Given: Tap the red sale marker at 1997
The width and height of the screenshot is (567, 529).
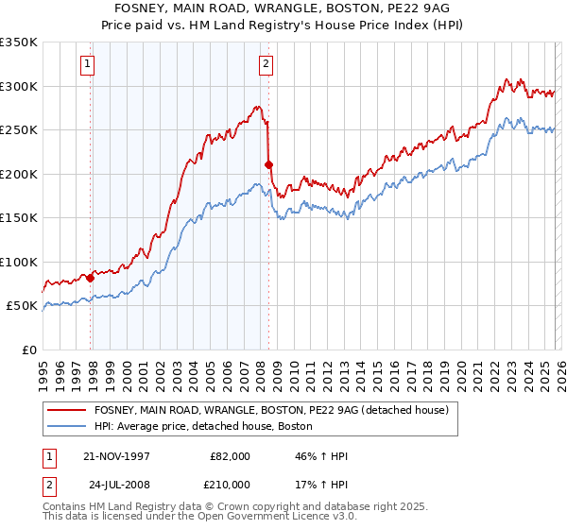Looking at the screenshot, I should click(x=91, y=278).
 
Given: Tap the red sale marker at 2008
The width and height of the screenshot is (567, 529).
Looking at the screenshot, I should click(x=269, y=164).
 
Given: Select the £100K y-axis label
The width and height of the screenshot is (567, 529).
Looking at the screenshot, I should click(x=19, y=262).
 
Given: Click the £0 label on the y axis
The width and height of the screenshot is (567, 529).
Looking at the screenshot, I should click(x=28, y=350).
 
